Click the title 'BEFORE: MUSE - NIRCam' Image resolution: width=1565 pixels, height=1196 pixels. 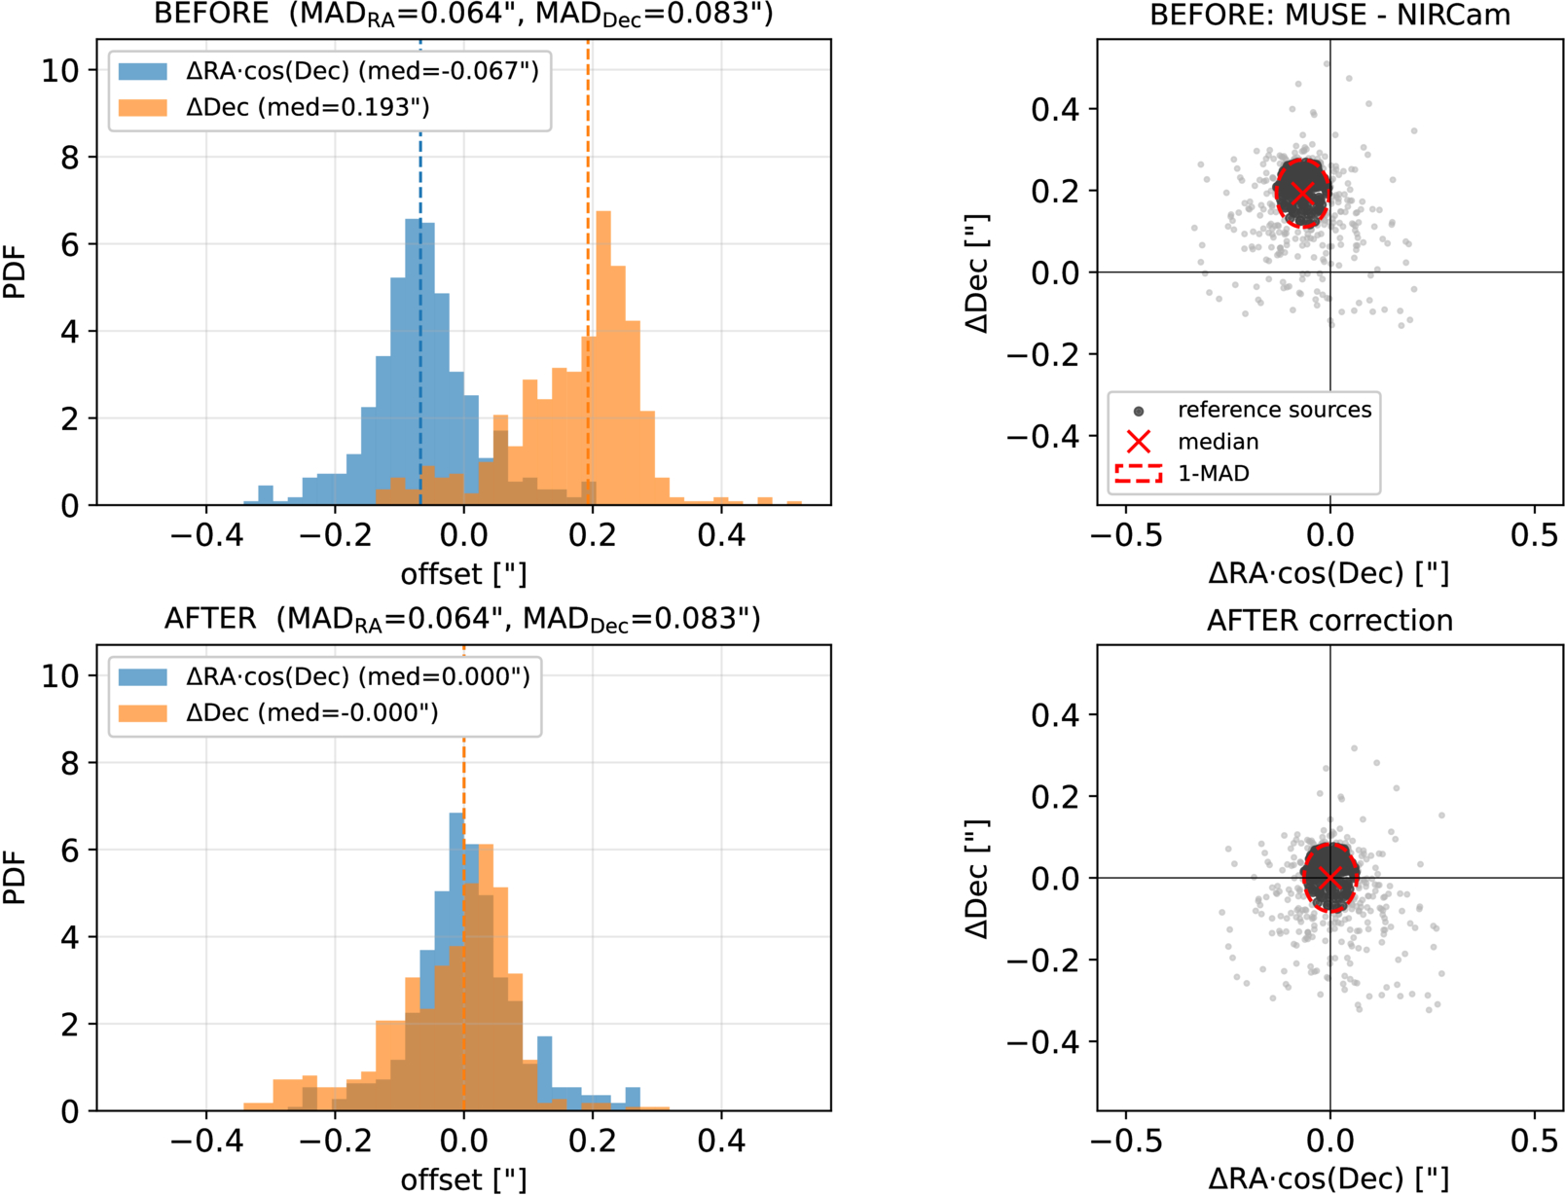pyautogui.click(x=1329, y=15)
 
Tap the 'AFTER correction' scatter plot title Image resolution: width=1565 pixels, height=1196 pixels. pyautogui.click(x=1329, y=620)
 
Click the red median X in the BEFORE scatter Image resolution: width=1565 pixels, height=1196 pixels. pyautogui.click(x=1302, y=193)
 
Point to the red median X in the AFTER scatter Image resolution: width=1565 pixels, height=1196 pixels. pyautogui.click(x=1329, y=878)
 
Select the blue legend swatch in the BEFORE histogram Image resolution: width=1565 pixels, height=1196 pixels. pyautogui.click(x=143, y=71)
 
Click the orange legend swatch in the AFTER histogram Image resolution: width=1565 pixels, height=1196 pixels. pyautogui.click(x=143, y=712)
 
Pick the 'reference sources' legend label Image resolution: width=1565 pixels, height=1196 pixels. pyautogui.click(x=1275, y=410)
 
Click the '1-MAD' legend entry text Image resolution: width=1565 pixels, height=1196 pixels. pyautogui.click(x=1214, y=473)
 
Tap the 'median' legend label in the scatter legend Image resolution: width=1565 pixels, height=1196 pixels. pyautogui.click(x=1219, y=442)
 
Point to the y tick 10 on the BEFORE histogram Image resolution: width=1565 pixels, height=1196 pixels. pyautogui.click(x=60, y=71)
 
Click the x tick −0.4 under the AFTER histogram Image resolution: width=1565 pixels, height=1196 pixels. pyautogui.click(x=206, y=1142)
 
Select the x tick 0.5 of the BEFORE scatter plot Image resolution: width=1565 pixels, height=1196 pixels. pyautogui.click(x=1534, y=535)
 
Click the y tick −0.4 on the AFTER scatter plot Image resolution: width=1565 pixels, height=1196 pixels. pyautogui.click(x=1042, y=1042)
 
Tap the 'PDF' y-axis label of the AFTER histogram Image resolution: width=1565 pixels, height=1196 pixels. pyautogui.click(x=15, y=878)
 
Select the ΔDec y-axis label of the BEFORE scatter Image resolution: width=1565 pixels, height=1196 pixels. pyautogui.click(x=977, y=273)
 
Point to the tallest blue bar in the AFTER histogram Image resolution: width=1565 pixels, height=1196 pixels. pyautogui.click(x=456, y=961)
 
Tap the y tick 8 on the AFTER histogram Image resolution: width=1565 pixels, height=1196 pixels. pyautogui.click(x=70, y=763)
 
